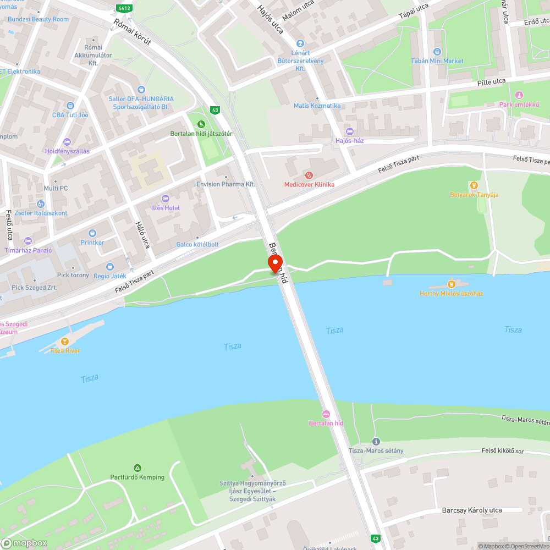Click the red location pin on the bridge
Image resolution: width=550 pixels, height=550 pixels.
click(x=274, y=263)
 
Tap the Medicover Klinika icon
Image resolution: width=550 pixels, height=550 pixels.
click(x=309, y=175)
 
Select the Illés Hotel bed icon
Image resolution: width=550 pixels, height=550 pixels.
click(x=166, y=199)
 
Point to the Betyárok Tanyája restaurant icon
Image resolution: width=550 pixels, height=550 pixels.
click(x=474, y=185)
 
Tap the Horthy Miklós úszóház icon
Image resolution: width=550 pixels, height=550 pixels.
click(x=451, y=284)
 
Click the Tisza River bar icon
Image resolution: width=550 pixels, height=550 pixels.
click(x=65, y=342)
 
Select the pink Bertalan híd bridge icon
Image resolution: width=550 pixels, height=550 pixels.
click(x=326, y=414)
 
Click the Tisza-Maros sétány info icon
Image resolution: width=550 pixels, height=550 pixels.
click(x=376, y=442)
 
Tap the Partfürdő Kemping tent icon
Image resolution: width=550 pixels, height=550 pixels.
click(x=137, y=468)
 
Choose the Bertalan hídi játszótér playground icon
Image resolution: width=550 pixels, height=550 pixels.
click(x=201, y=124)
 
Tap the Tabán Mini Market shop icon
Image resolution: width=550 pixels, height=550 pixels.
click(x=437, y=52)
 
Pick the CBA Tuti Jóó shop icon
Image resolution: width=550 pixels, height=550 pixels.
click(x=70, y=106)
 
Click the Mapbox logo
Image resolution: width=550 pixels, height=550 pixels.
click(x=24, y=543)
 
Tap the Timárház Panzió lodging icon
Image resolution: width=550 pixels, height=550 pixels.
click(x=28, y=241)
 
